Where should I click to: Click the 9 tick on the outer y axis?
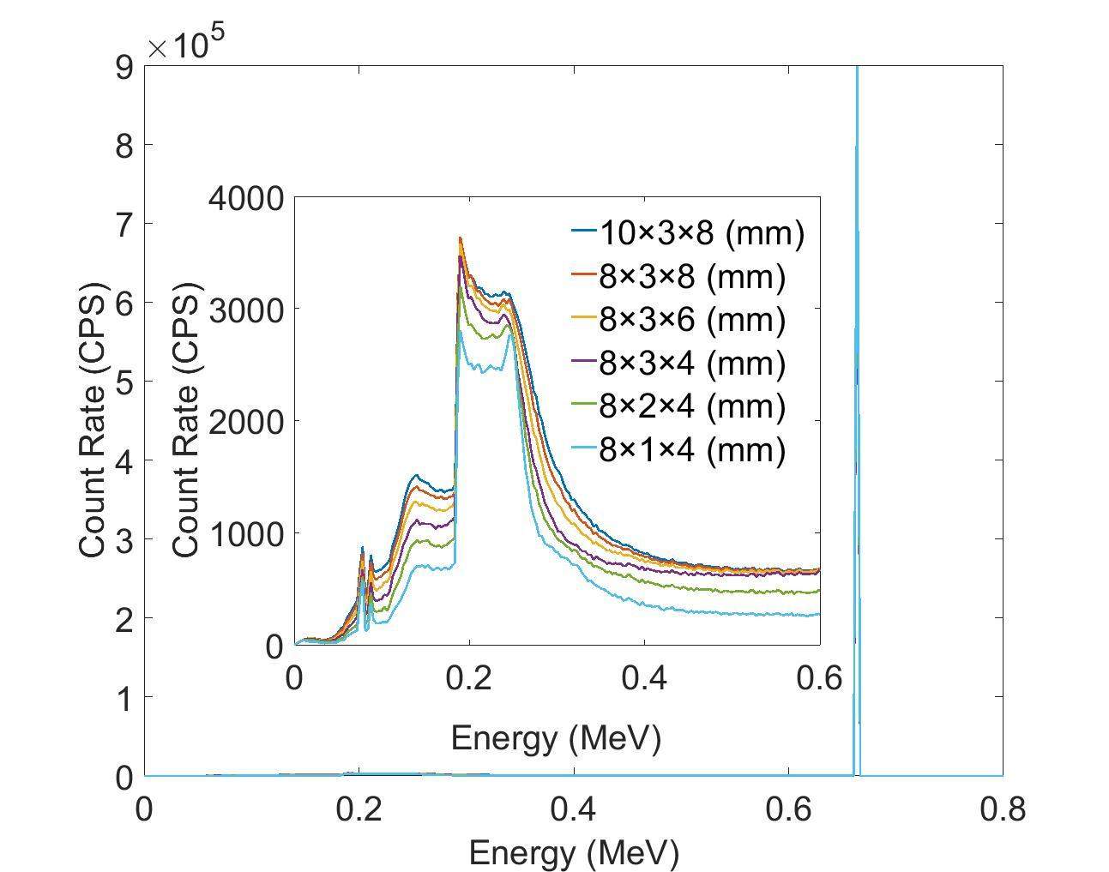click(124, 67)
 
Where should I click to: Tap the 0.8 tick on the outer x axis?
click(1002, 809)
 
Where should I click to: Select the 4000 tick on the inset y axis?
click(245, 199)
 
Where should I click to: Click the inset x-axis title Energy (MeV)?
click(556, 737)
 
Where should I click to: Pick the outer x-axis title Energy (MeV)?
click(574, 852)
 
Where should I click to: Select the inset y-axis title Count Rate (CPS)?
click(186, 420)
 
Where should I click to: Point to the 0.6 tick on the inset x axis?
click(819, 678)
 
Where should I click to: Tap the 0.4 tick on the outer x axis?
click(573, 809)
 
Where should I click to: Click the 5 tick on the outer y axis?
click(124, 382)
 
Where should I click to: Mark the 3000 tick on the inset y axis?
click(245, 310)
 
